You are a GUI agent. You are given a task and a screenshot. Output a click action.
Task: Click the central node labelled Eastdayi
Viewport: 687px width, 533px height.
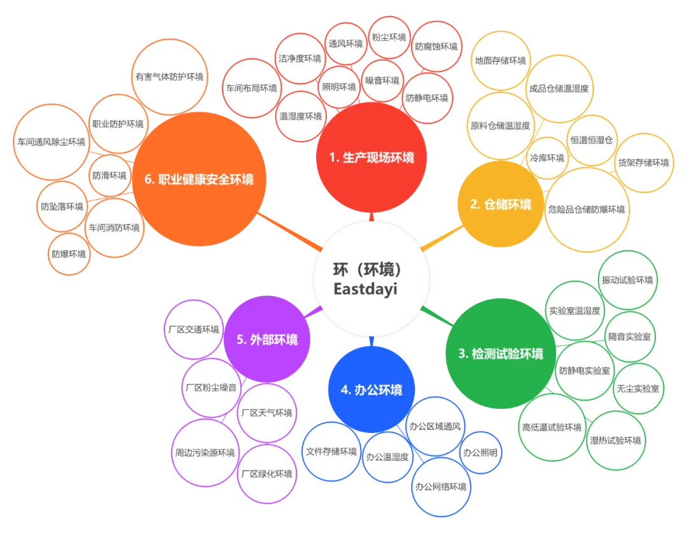click(x=371, y=278)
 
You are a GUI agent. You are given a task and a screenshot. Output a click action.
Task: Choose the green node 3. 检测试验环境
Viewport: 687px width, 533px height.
click(x=501, y=353)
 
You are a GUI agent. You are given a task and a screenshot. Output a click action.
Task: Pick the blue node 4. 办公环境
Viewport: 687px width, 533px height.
click(x=371, y=390)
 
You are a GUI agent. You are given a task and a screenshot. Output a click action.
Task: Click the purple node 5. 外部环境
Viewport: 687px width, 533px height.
click(x=267, y=339)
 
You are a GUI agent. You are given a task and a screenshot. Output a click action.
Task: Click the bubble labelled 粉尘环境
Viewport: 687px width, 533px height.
click(x=389, y=38)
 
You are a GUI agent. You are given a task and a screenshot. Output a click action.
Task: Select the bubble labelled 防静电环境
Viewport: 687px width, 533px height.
click(x=427, y=98)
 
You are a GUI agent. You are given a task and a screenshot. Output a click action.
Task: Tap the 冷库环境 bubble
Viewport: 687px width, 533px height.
click(x=547, y=158)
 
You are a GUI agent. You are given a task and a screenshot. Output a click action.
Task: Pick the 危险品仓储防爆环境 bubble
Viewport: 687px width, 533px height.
click(x=586, y=210)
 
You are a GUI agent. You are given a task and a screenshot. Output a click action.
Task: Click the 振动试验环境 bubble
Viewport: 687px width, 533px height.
click(x=627, y=280)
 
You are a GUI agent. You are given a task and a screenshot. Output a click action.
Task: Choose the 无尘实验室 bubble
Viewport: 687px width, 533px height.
click(x=637, y=388)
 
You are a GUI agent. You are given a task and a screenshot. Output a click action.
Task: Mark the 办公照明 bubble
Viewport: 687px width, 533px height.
click(x=480, y=453)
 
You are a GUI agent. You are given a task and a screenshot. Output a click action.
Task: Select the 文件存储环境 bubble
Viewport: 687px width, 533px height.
click(x=331, y=451)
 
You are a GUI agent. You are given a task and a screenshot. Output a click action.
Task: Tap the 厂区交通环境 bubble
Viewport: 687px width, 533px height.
click(x=193, y=330)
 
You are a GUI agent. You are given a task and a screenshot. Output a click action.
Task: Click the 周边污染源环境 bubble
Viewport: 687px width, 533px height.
click(x=205, y=453)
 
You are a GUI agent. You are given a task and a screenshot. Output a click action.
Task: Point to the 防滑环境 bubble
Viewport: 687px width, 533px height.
click(x=109, y=176)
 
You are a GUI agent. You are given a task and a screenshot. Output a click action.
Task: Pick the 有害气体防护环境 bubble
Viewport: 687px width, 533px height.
click(x=169, y=76)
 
